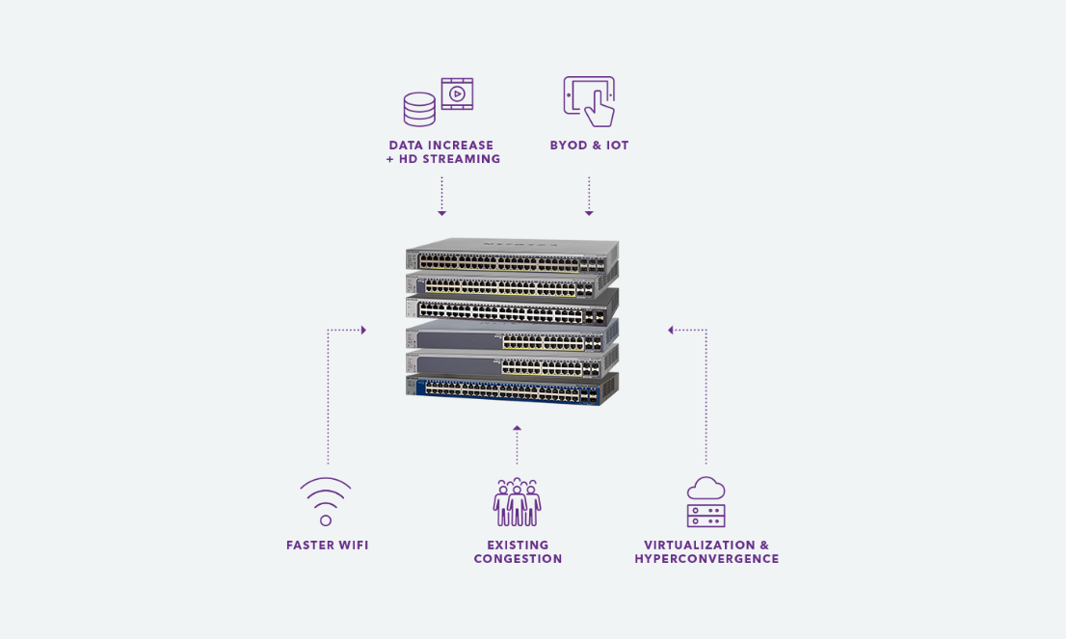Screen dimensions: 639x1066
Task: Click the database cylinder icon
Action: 419,109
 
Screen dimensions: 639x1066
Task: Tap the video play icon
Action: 457,93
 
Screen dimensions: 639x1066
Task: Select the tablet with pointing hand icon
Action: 589,101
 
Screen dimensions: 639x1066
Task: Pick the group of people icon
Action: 517,502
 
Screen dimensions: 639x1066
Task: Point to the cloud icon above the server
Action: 706,489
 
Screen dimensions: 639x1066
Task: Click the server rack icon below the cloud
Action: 706,516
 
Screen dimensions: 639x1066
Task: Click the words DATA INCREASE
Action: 441,146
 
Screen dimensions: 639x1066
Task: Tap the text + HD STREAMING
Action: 442,159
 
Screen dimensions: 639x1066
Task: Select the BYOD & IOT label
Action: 589,146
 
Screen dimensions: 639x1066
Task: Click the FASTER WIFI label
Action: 328,546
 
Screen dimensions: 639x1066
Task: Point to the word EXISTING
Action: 518,546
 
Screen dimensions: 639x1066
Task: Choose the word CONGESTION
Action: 518,559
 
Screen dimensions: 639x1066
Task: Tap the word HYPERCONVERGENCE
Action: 706,559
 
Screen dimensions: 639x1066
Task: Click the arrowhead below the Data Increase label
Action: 441,212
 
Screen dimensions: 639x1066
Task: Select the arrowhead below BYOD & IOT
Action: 589,212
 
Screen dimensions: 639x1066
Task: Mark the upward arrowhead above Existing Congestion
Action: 517,427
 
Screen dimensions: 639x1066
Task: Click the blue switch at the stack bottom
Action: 511,389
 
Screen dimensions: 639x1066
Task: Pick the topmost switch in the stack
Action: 511,255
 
